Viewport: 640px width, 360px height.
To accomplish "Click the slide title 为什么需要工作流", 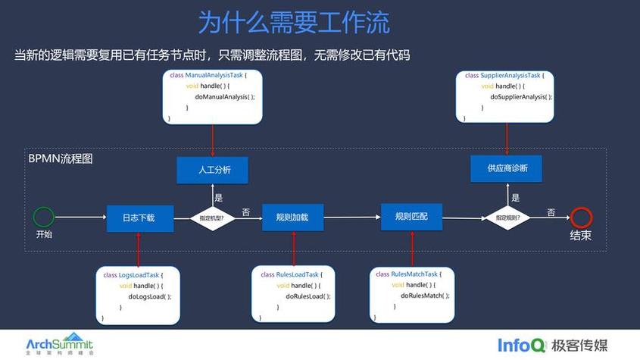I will pyautogui.click(x=293, y=22).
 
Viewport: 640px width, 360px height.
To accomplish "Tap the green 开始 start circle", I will pyautogui.click(x=44, y=217).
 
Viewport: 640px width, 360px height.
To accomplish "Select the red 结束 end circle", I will pyautogui.click(x=581, y=218).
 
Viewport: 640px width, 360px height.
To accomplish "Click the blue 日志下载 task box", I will pyautogui.click(x=140, y=218).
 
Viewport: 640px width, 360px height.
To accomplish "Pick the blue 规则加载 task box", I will pyautogui.click(x=292, y=218).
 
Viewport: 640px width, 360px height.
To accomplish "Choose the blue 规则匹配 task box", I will pyautogui.click(x=411, y=217).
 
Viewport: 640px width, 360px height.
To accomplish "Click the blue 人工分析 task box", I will pyautogui.click(x=214, y=170).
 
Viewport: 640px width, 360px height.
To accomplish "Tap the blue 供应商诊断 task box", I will pyautogui.click(x=506, y=168).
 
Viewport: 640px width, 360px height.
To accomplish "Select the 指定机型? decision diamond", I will pyautogui.click(x=212, y=218).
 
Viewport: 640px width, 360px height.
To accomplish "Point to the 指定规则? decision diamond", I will pyautogui.click(x=507, y=218).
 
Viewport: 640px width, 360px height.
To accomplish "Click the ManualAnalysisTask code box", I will pyautogui.click(x=213, y=97).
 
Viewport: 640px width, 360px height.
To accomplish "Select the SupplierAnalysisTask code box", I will pyautogui.click(x=505, y=96).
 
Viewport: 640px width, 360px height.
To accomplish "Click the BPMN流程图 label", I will pyautogui.click(x=60, y=159).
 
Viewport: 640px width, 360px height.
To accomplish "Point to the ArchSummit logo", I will pyautogui.click(x=60, y=343).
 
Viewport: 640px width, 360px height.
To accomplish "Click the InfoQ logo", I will pyautogui.click(x=521, y=344).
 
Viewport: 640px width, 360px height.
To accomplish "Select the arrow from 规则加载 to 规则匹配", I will pyautogui.click(x=351, y=218).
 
